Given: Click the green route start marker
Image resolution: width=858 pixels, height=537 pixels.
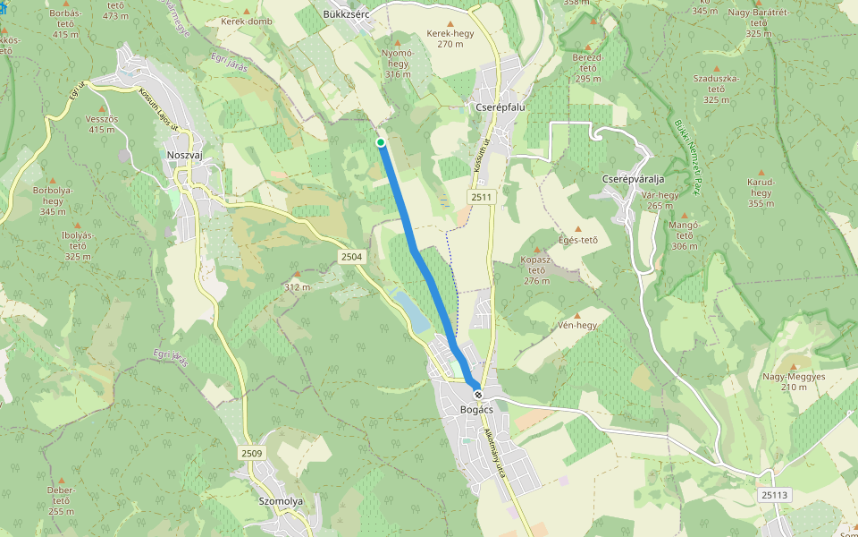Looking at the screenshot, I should point(381,142).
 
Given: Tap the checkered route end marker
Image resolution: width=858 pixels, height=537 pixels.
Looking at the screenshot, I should point(478,395).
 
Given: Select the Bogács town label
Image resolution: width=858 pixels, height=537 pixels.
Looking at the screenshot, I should point(476,410).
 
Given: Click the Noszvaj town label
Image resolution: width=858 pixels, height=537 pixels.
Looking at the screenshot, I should point(185,155).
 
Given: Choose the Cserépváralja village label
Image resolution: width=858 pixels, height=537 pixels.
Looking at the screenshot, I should point(634,180).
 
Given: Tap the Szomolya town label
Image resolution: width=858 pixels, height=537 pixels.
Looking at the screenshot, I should point(280,501).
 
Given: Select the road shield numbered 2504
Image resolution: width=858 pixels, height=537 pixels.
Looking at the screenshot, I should point(351,257).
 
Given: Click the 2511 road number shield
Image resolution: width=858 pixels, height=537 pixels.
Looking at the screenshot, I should point(480,196).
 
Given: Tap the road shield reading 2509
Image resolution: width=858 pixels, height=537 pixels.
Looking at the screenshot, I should point(251,454).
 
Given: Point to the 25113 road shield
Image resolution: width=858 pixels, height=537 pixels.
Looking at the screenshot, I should point(774,495).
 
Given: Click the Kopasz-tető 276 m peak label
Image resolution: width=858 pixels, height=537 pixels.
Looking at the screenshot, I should point(536,270).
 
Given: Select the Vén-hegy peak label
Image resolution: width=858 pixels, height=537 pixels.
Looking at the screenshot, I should point(576,325).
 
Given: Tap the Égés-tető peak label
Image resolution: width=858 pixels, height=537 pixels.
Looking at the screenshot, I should point(576,239).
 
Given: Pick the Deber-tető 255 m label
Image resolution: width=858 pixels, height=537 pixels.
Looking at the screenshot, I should point(62,500).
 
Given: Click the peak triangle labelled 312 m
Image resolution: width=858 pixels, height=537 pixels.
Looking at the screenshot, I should point(297,275).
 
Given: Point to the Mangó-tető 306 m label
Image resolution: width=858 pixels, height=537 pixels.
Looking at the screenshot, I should point(684,234).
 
